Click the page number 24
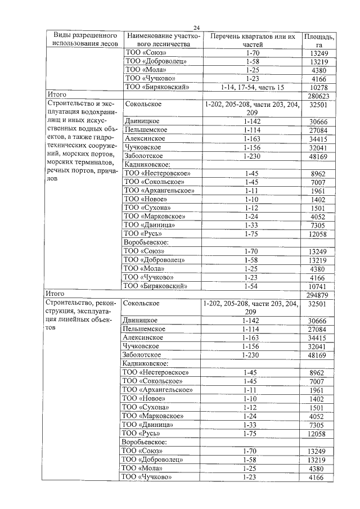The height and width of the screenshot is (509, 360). [x=196, y=28]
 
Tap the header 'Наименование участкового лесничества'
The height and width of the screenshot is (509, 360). [x=160, y=40]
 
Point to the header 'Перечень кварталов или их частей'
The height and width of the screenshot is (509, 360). [x=253, y=40]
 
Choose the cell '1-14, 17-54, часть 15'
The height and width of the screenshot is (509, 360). [x=253, y=88]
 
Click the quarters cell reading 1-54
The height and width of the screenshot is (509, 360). [x=253, y=286]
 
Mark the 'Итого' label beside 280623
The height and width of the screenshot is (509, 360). [x=57, y=96]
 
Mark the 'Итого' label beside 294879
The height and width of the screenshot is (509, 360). [x=57, y=294]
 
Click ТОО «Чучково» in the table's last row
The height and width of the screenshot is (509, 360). [x=148, y=477]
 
